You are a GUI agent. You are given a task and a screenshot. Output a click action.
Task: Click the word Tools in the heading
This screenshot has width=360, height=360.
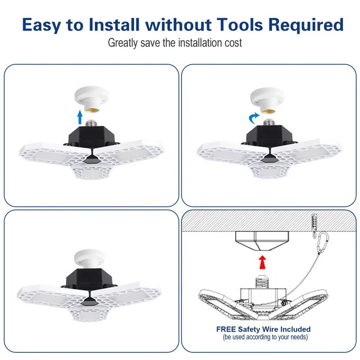click(240, 25)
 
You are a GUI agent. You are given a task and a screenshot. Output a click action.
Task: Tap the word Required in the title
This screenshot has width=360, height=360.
click(306, 25)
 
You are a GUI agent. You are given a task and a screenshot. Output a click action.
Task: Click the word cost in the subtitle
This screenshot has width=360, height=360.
click(233, 43)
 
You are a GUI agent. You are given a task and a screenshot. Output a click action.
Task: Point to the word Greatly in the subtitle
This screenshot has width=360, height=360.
click(123, 43)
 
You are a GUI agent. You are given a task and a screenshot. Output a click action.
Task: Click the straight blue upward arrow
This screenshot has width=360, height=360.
click(80, 117)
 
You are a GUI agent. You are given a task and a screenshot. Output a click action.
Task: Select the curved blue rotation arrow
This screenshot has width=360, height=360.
click(254, 118)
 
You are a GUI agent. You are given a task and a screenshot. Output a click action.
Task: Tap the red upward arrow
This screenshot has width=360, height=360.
click(262, 262)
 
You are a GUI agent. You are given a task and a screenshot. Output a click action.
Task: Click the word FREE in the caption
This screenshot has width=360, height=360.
click(226, 329)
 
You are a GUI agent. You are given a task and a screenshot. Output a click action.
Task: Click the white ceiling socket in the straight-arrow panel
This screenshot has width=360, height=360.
click(92, 99)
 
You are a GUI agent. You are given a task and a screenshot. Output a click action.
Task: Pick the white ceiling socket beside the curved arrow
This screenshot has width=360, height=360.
click(267, 100)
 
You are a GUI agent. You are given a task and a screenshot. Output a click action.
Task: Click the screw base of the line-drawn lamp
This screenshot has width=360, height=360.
click(262, 281)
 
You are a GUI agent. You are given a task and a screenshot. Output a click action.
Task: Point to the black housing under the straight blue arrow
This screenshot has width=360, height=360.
click(91, 137)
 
